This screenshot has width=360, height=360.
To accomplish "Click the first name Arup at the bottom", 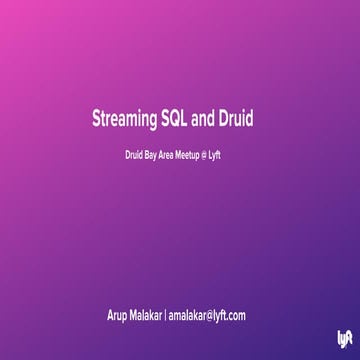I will [x=118, y=316].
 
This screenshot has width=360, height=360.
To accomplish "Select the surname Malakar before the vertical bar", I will [x=146, y=316].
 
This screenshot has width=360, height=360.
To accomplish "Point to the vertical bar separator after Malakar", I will [x=165, y=316].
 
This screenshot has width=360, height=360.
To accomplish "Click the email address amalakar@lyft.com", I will [x=207, y=316].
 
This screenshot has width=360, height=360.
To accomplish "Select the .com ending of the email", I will [x=236, y=316].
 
